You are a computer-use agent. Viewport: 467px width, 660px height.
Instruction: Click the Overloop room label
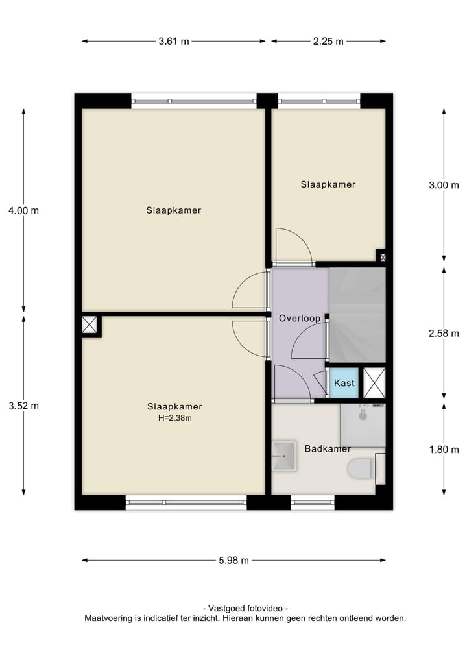click(299, 319)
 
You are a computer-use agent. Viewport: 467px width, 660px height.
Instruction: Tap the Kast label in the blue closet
click(344, 383)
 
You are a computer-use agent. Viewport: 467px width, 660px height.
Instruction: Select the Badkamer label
click(328, 448)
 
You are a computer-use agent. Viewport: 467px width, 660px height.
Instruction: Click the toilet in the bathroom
click(361, 468)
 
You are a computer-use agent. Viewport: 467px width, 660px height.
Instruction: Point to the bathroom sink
click(283, 456)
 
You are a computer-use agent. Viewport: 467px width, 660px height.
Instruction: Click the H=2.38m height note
click(174, 418)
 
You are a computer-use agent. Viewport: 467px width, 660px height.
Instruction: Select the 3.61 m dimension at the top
click(173, 42)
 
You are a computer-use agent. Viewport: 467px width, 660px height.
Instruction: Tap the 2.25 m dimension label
click(328, 42)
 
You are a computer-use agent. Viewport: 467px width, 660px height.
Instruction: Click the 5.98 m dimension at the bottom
click(233, 561)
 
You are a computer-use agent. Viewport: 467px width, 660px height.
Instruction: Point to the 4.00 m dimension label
click(23, 210)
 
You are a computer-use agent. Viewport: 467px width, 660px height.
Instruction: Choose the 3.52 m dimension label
click(23, 406)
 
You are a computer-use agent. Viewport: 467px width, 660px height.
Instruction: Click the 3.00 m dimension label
click(444, 184)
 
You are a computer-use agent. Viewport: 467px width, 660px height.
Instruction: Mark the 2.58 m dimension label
click(444, 333)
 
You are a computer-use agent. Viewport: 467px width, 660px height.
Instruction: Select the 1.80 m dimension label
click(444, 450)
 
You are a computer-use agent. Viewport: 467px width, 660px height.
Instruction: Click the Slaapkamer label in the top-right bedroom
click(328, 184)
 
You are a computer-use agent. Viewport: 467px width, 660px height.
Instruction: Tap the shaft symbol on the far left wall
click(90, 324)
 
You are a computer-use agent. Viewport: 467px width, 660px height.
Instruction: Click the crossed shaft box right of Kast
click(374, 382)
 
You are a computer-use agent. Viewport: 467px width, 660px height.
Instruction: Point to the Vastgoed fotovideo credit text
click(245, 608)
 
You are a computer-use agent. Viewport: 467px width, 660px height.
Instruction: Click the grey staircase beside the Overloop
click(357, 315)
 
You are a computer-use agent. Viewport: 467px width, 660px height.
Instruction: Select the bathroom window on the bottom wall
click(313, 502)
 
